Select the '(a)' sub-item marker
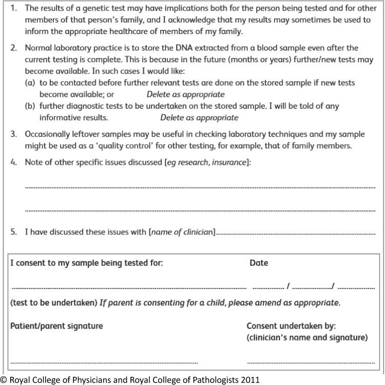(x=30, y=83)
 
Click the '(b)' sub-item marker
(x=30, y=106)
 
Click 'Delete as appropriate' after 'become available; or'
(x=185, y=94)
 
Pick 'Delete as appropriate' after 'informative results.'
(x=199, y=118)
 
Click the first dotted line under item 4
(x=200, y=187)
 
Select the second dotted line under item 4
(x=200, y=210)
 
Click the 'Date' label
(x=259, y=263)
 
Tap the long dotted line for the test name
(x=128, y=287)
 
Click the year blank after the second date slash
(x=356, y=287)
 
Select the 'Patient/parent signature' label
(x=56, y=326)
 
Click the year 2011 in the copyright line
(x=251, y=380)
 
